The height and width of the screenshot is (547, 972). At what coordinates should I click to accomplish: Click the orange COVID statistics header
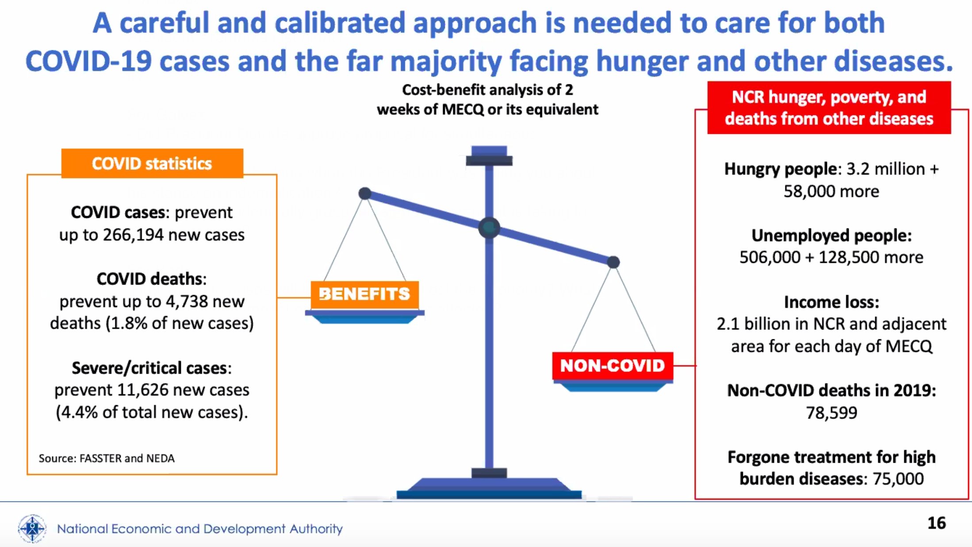click(x=152, y=163)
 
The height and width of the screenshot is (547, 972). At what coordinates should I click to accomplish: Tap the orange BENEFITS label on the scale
click(x=364, y=294)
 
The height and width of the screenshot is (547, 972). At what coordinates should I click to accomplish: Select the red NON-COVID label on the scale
click(x=612, y=365)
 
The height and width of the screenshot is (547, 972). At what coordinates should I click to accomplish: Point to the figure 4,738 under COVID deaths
click(x=192, y=301)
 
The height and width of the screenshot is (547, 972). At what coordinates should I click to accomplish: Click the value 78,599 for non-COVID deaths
click(x=831, y=413)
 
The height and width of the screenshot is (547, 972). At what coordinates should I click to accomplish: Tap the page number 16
click(x=936, y=523)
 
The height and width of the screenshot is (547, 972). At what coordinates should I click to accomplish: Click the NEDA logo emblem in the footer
click(x=32, y=528)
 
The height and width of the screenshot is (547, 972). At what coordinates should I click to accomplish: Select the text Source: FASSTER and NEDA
click(x=107, y=458)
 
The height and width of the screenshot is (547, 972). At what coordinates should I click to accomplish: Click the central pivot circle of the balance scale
click(x=489, y=228)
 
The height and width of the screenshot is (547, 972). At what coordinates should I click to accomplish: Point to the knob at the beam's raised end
click(x=365, y=194)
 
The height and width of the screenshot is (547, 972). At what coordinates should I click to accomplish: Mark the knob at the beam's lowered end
click(x=613, y=262)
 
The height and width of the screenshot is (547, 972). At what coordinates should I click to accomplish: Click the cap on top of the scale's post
click(x=489, y=156)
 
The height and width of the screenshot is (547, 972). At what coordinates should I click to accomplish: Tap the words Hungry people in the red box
click(x=781, y=169)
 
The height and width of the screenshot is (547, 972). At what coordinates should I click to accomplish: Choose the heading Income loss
click(x=831, y=302)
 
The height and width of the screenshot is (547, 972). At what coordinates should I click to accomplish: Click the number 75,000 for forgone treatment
click(x=898, y=479)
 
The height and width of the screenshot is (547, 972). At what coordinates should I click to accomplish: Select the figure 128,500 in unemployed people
click(x=846, y=257)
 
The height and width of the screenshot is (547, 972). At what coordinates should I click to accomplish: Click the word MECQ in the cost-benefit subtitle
click(x=463, y=109)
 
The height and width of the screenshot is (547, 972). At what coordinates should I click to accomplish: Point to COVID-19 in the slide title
click(x=88, y=61)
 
